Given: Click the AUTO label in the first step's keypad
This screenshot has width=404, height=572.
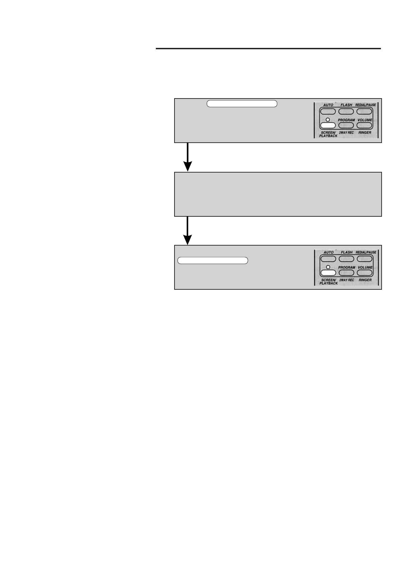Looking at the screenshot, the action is click(x=328, y=105).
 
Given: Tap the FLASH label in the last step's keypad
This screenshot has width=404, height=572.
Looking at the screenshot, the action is click(x=346, y=252).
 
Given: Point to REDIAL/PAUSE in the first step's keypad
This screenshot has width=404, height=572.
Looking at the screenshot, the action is click(x=366, y=105).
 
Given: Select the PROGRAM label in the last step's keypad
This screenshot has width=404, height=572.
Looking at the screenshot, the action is click(x=346, y=267).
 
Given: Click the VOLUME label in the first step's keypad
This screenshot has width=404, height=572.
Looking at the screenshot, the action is click(x=365, y=120).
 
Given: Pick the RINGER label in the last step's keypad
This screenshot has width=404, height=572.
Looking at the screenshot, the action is click(x=365, y=280).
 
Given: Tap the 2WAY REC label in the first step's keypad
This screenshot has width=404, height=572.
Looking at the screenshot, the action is click(x=346, y=132).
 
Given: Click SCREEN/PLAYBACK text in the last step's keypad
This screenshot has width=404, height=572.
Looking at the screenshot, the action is click(x=328, y=282).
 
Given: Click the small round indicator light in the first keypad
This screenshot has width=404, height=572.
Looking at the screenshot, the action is click(x=328, y=120).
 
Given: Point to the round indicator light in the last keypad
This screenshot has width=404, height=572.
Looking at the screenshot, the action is click(x=328, y=267).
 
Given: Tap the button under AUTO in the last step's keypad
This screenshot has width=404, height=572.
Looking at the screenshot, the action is click(x=328, y=259).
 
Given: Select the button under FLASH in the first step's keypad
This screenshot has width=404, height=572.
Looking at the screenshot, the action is click(x=346, y=111).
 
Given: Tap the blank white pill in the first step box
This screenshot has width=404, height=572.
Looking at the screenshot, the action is click(x=242, y=104).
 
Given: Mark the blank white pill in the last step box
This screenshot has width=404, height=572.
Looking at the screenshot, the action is click(x=213, y=261).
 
